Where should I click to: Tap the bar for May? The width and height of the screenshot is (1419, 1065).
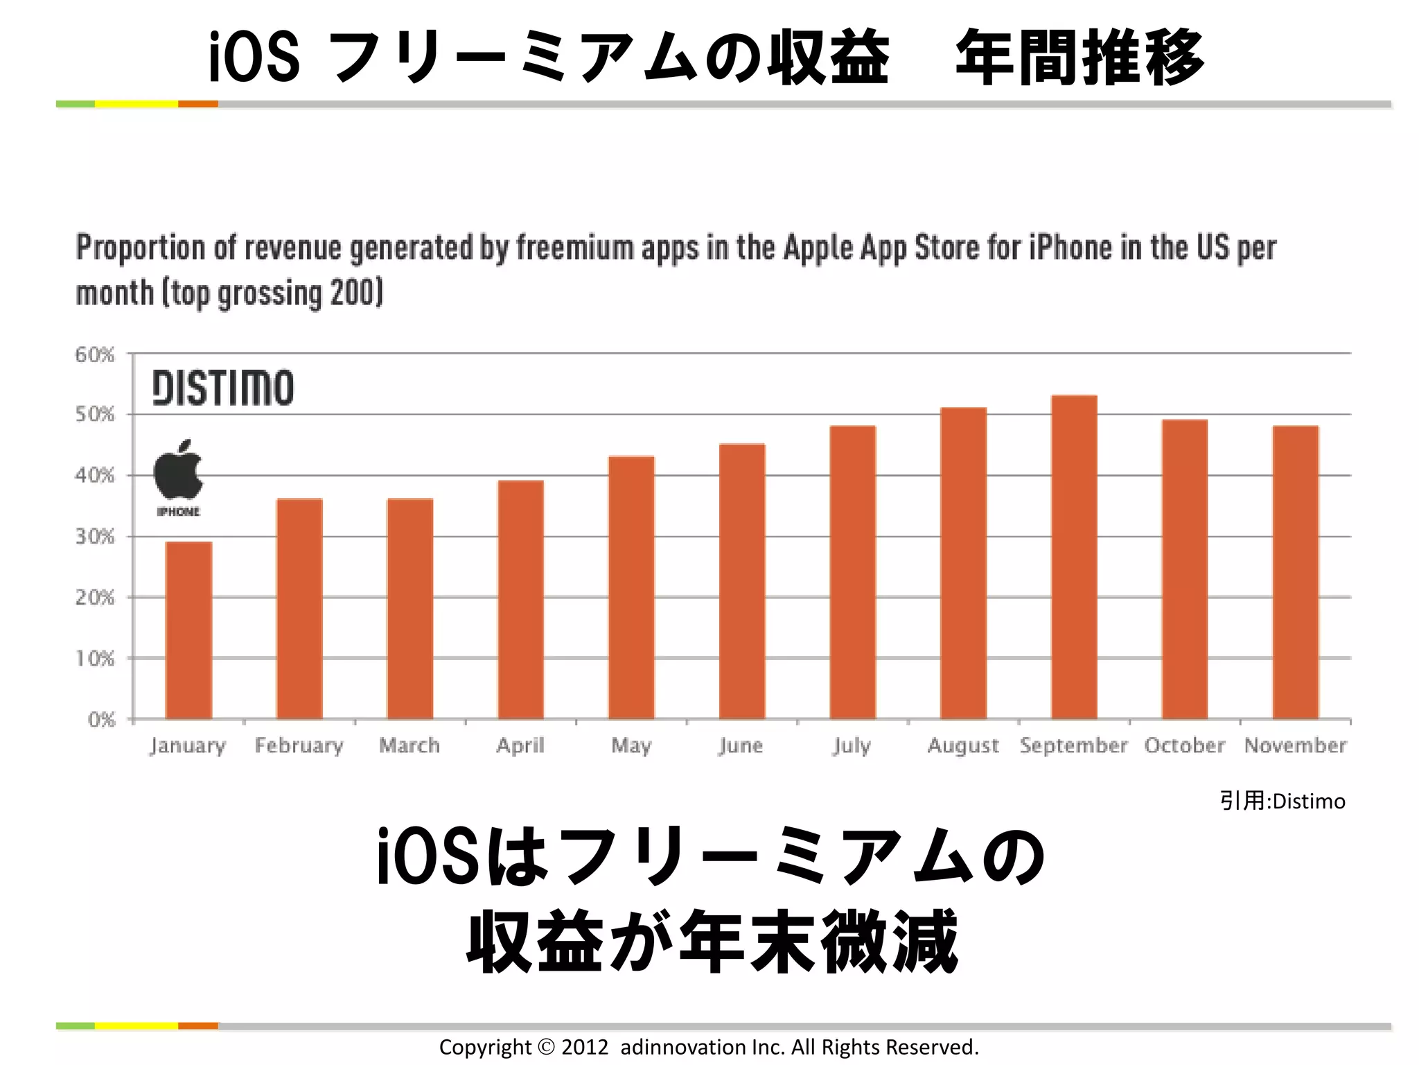coord(631,587)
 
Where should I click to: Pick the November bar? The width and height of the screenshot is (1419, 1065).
coord(1296,572)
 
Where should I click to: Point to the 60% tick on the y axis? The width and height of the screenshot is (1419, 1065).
coord(95,355)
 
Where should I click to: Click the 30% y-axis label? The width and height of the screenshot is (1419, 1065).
coord(95,537)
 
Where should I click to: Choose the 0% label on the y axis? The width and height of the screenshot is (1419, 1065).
coord(101,720)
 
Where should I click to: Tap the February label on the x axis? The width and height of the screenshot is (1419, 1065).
coord(299,746)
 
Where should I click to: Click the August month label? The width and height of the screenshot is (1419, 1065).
coord(963,746)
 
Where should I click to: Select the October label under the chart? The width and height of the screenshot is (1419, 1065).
coord(1184,746)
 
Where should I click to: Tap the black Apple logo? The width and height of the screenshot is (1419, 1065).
coord(178,469)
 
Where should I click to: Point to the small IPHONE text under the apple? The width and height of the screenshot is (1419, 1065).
coord(178,512)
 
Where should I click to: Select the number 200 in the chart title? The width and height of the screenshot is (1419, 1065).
coord(352,293)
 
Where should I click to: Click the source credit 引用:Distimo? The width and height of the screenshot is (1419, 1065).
coord(1283,802)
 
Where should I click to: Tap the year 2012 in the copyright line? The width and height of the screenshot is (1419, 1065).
coord(584,1047)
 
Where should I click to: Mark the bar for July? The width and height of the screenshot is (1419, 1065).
coord(852,572)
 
